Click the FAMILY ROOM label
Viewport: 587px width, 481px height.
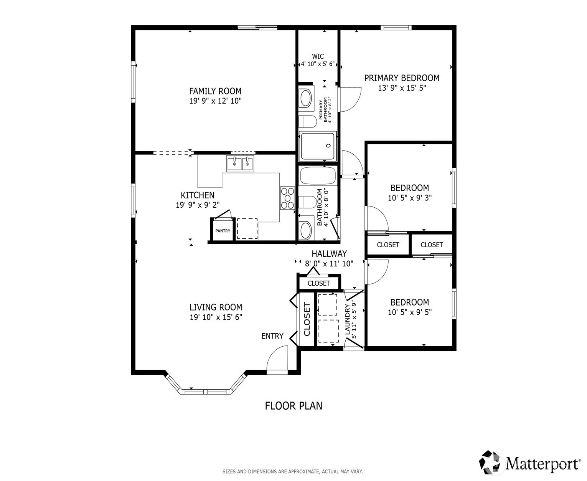[x=215, y=91]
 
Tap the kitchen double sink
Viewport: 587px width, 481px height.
[x=240, y=164]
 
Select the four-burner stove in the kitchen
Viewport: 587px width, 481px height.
[x=287, y=198]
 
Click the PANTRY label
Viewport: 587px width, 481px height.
[x=223, y=231]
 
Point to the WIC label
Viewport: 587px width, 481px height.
[x=318, y=56]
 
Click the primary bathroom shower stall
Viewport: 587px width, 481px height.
[x=318, y=146]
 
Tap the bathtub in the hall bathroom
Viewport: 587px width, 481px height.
[x=318, y=175]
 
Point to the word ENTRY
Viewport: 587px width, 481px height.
[x=272, y=336]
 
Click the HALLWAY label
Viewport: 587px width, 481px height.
[x=329, y=254]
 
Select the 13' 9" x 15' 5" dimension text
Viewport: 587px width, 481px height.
[x=402, y=88]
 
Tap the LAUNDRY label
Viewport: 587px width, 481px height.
[x=347, y=319]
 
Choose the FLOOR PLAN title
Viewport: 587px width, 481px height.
[x=293, y=406]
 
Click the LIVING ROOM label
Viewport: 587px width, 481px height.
[x=216, y=307]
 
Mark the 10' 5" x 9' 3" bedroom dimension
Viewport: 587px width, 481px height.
[x=409, y=198]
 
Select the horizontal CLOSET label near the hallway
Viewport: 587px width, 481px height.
[x=318, y=283]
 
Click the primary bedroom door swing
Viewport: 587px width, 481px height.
[x=350, y=100]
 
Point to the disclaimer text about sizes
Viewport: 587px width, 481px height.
[x=292, y=471]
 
